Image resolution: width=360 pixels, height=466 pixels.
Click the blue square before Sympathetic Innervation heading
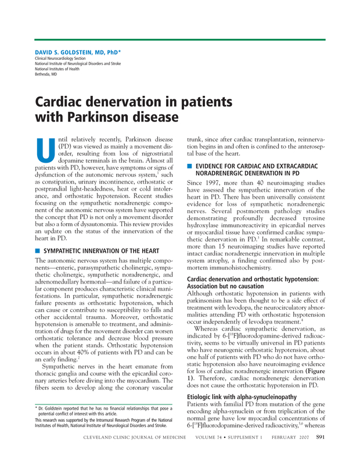[38, 250]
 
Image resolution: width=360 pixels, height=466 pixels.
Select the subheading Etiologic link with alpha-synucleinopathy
[242, 397]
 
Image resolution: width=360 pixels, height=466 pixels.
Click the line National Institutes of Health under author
[57, 69]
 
